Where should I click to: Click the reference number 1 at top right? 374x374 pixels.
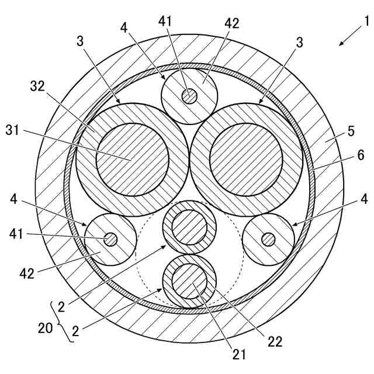point(366,22)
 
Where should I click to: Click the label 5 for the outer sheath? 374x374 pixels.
point(351,131)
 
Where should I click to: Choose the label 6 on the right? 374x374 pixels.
point(360,155)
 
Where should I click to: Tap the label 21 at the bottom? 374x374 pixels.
point(240,354)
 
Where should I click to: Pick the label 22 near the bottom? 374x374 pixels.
point(275,342)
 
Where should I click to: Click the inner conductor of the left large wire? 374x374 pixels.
point(133,160)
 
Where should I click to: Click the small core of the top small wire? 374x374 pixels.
point(189,96)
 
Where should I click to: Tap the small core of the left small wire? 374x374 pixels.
point(110,240)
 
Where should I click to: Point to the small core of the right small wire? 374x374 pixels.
point(269,239)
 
